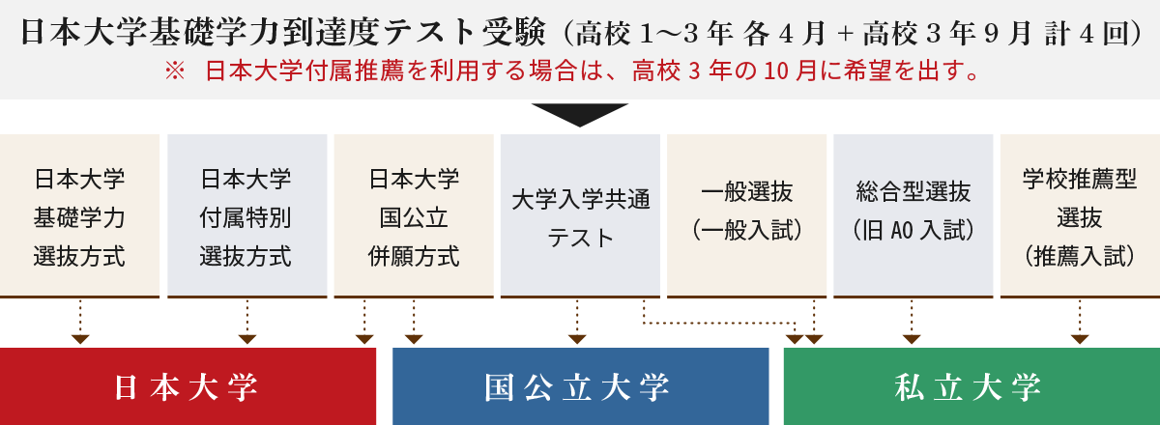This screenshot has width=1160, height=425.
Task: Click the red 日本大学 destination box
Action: pyautogui.click(x=188, y=386)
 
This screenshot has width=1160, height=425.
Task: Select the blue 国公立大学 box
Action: pyautogui.click(x=580, y=386)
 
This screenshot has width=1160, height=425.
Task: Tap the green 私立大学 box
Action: pyautogui.click(x=971, y=386)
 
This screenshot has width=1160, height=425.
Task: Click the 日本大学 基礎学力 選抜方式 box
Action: pyautogui.click(x=79, y=216)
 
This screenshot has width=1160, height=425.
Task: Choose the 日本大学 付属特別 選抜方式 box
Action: pyautogui.click(x=246, y=216)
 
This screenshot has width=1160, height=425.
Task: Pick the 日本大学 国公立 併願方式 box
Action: pyautogui.click(x=414, y=216)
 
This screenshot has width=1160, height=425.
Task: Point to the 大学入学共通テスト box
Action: pyautogui.click(x=580, y=216)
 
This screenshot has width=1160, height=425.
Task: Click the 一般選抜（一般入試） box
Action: pyautogui.click(x=746, y=216)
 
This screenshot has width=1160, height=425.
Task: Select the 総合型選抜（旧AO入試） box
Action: pyautogui.click(x=913, y=216)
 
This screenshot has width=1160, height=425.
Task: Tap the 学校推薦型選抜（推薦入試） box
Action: pyautogui.click(x=1080, y=216)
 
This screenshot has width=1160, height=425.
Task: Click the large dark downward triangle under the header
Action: pyautogui.click(x=580, y=114)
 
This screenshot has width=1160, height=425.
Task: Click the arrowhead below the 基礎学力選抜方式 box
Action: pyautogui.click(x=80, y=339)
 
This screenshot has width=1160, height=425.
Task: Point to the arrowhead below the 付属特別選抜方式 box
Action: pyautogui.click(x=247, y=339)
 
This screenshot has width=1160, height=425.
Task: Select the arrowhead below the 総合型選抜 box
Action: pyautogui.click(x=912, y=339)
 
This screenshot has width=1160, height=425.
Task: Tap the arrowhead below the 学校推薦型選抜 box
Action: pyautogui.click(x=1080, y=339)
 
